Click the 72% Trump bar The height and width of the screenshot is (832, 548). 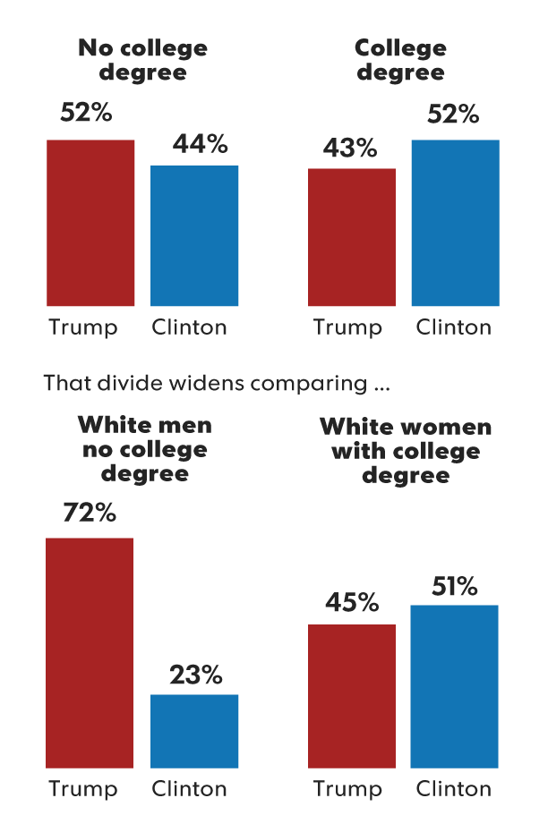(90, 652)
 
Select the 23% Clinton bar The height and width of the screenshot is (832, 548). (194, 731)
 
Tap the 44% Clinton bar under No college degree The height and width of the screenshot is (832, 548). (194, 236)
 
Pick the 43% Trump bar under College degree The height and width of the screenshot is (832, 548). (352, 237)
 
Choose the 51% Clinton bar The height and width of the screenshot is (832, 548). (454, 686)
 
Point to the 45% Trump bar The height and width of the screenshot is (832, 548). (352, 696)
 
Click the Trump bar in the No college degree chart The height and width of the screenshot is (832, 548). (90, 223)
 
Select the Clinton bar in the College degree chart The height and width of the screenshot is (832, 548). (455, 223)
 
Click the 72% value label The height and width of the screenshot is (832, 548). (89, 514)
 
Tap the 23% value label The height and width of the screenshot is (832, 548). (195, 675)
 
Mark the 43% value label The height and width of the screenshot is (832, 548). (350, 148)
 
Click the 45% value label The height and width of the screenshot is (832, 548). (352, 603)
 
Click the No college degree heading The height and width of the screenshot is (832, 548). (142, 59)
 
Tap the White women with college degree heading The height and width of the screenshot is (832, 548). (406, 450)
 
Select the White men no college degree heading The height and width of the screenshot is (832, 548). (144, 448)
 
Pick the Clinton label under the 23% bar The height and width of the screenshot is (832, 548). (189, 789)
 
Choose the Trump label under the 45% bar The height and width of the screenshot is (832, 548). (347, 789)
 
